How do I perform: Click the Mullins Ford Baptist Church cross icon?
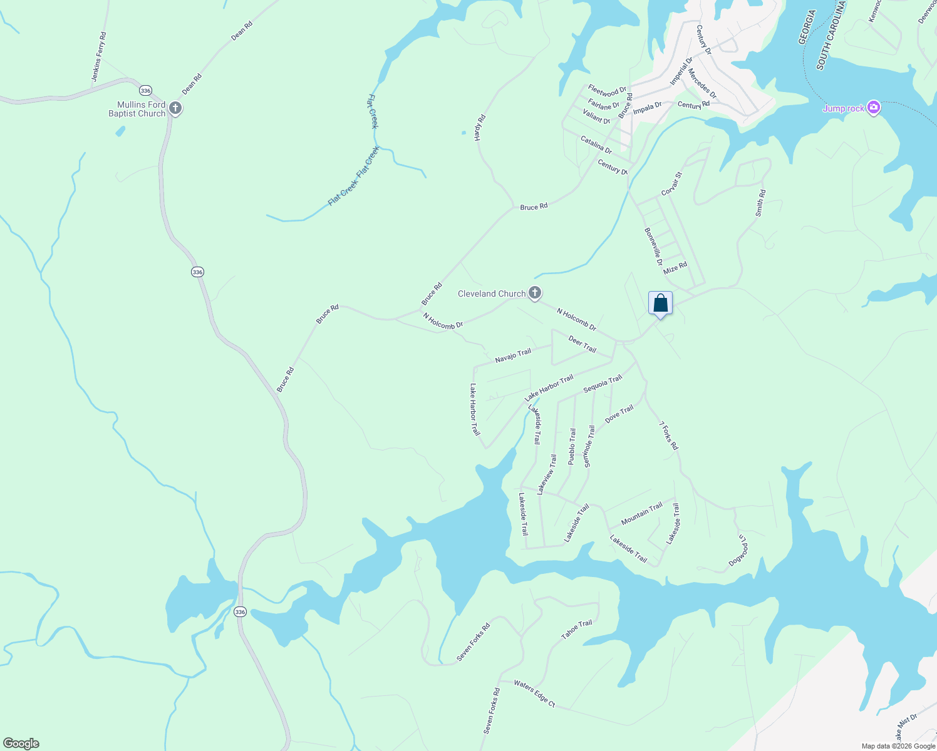(175, 108)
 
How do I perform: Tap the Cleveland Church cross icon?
(534, 293)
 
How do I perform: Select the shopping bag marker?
(660, 304)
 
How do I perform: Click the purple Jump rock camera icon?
(874, 108)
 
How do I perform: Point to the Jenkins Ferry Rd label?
(99, 57)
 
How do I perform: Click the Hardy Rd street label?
(480, 127)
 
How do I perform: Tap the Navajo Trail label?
(512, 355)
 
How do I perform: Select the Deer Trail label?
(582, 344)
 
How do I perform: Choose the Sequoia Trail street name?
(603, 384)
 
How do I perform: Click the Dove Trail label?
(619, 413)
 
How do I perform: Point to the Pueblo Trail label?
(572, 446)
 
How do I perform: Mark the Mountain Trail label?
(641, 514)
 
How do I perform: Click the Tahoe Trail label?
(576, 629)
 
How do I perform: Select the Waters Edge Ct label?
(534, 693)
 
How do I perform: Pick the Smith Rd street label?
(760, 203)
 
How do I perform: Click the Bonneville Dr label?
(653, 246)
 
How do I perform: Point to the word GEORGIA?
(806, 26)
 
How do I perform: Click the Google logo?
(21, 743)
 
